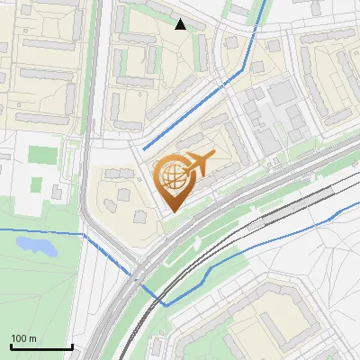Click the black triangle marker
pyautogui.click(x=181, y=24)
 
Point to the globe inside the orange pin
pyautogui.click(x=171, y=177)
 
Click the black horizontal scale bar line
pyautogui.click(x=40, y=347)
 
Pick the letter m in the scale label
pyautogui.click(x=33, y=338)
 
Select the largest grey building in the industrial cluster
pyautogui.click(x=282, y=93)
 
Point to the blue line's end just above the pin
pyautogui.click(x=144, y=148)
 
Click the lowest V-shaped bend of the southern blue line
pyautogui.click(x=166, y=304)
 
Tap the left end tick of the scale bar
pyautogui.click(x=10, y=346)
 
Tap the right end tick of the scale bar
pyautogui.click(x=72, y=346)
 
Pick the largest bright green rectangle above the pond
pyautogui.click(x=40, y=154)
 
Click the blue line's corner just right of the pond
pyautogui.click(x=84, y=235)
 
